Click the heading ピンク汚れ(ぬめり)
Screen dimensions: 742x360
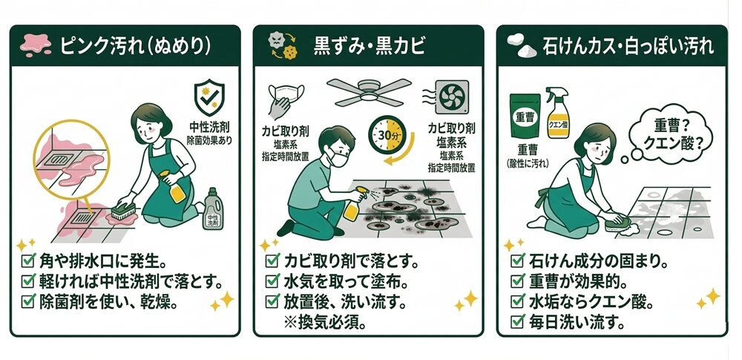[136, 47]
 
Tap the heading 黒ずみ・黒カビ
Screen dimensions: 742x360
[370, 47]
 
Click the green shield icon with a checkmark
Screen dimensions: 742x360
[209, 97]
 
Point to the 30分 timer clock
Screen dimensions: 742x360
[387, 134]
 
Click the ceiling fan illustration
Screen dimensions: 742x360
[369, 93]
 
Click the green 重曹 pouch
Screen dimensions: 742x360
[525, 116]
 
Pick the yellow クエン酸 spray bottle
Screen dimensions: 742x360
[558, 113]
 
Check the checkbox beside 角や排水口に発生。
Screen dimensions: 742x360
[29, 261]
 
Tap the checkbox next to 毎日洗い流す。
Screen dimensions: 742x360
[517, 322]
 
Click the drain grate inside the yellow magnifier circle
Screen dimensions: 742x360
[61, 159]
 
